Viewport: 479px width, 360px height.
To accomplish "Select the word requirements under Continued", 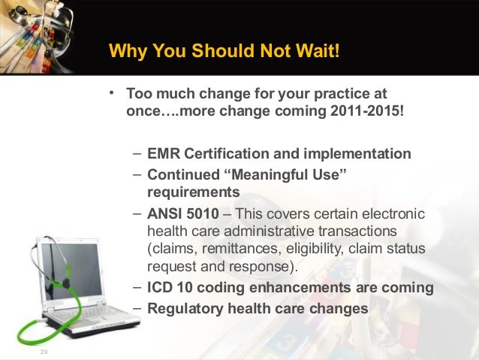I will (x=188, y=192).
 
